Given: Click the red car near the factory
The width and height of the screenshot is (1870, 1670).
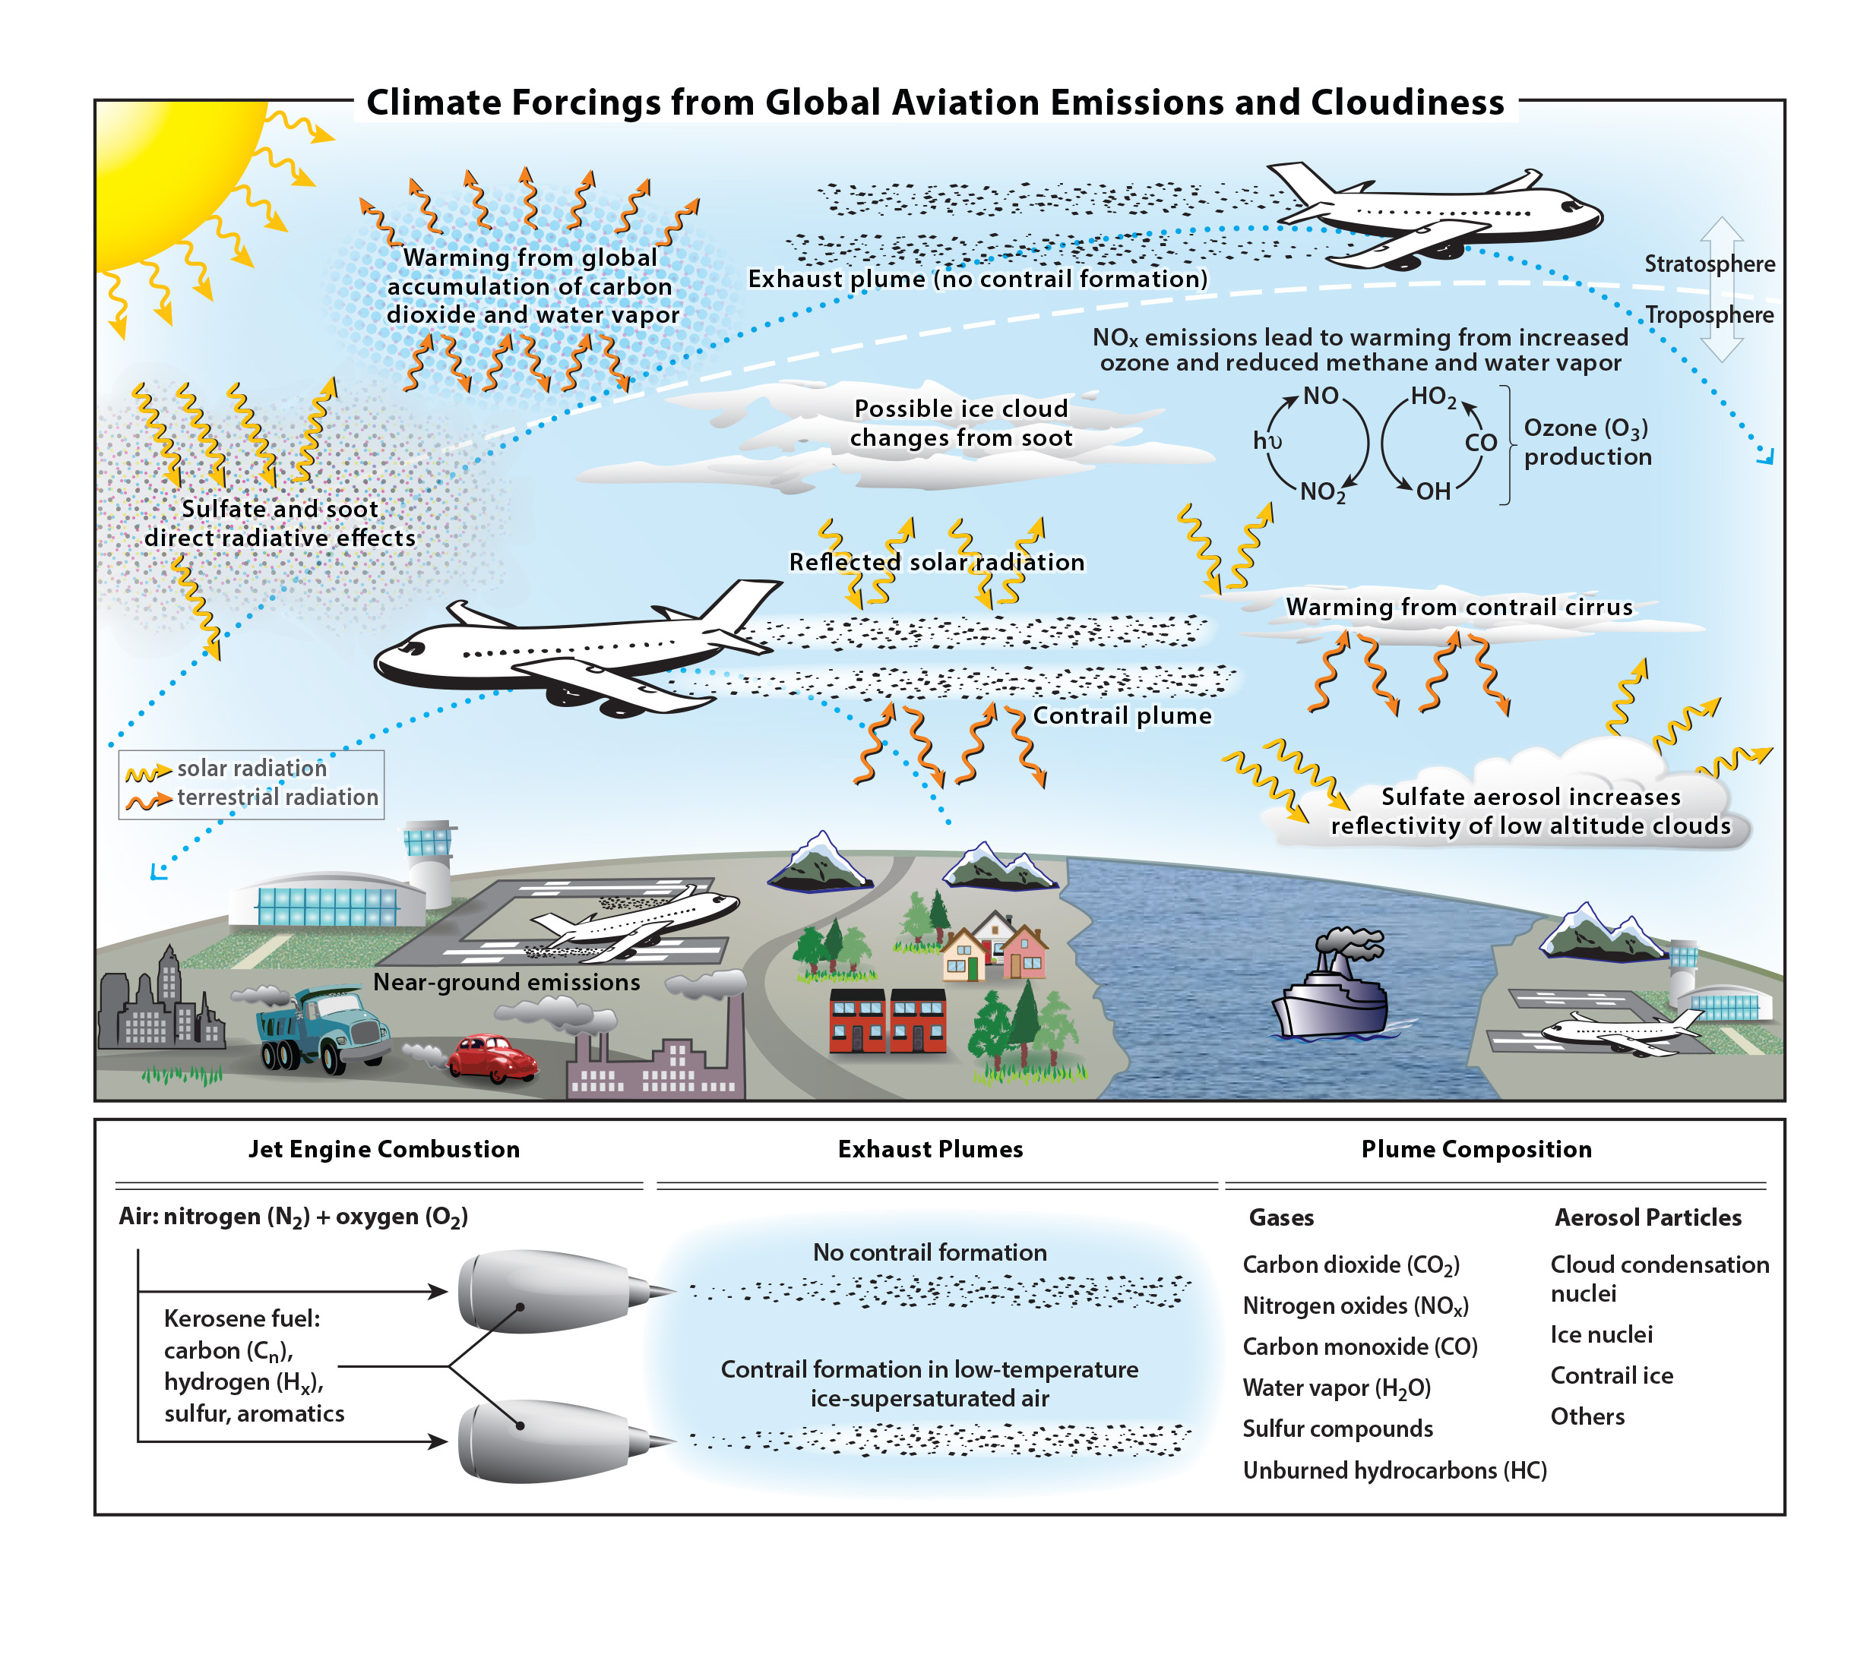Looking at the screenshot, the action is [492, 1058].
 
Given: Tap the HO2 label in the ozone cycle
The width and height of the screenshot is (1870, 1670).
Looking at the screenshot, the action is [1433, 397].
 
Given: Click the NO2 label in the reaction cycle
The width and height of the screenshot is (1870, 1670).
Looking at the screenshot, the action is [1322, 493].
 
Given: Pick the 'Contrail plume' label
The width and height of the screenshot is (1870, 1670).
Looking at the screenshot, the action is [1122, 715].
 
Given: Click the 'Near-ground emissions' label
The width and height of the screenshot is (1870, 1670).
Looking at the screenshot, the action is [506, 982].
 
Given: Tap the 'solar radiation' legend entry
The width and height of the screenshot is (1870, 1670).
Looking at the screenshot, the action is [252, 768].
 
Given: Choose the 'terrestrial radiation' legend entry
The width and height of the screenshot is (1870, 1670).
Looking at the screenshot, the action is [277, 797].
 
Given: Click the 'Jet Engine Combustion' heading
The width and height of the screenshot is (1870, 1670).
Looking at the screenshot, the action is [384, 1149].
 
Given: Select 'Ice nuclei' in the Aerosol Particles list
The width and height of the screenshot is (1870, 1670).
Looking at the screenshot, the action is [1601, 1334].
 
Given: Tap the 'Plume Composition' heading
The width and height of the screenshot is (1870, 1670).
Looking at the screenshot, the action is [1476, 1149].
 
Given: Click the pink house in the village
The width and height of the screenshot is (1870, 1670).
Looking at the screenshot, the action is [1024, 952].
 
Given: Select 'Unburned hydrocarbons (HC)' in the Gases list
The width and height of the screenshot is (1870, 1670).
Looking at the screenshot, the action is [1394, 1470].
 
